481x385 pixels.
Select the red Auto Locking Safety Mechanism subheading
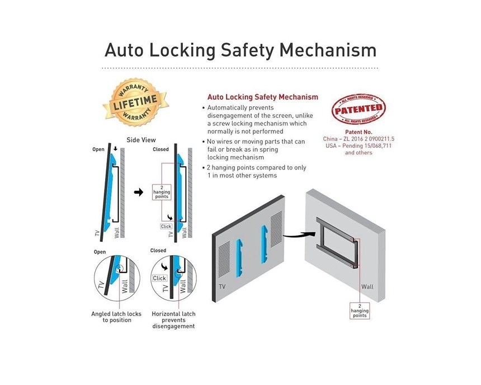(x=262, y=97)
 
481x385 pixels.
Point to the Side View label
(x=141, y=140)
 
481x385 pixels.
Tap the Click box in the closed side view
(x=166, y=226)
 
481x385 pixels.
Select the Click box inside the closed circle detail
(x=159, y=278)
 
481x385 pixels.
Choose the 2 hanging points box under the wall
(x=360, y=311)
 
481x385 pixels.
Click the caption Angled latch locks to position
(x=116, y=317)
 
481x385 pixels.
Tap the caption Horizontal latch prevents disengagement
(x=173, y=320)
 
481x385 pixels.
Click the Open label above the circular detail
(x=100, y=252)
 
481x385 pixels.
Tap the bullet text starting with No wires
(x=256, y=149)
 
